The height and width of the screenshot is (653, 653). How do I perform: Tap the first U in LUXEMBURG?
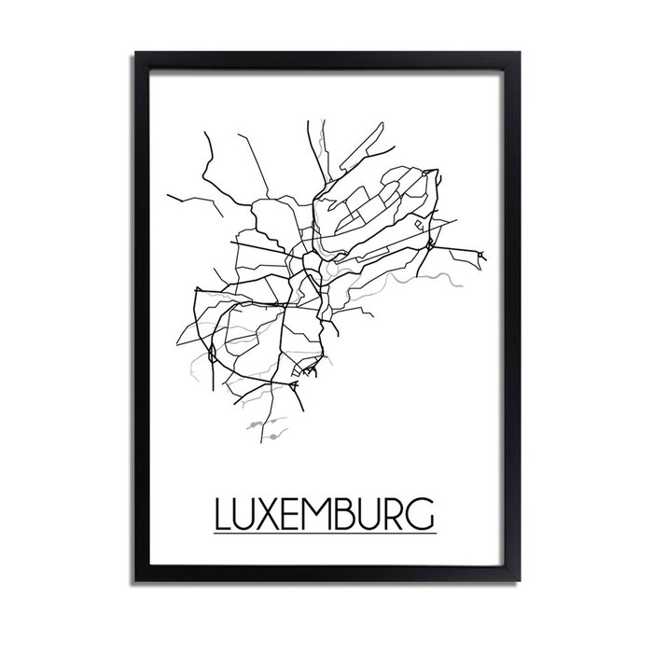pos(246,514)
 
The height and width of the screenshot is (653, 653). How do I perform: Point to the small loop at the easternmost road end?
pos(481,254)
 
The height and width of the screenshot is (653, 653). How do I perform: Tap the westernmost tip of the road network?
pos(168,196)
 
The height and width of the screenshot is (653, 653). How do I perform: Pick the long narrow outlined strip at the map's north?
pos(368,149)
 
